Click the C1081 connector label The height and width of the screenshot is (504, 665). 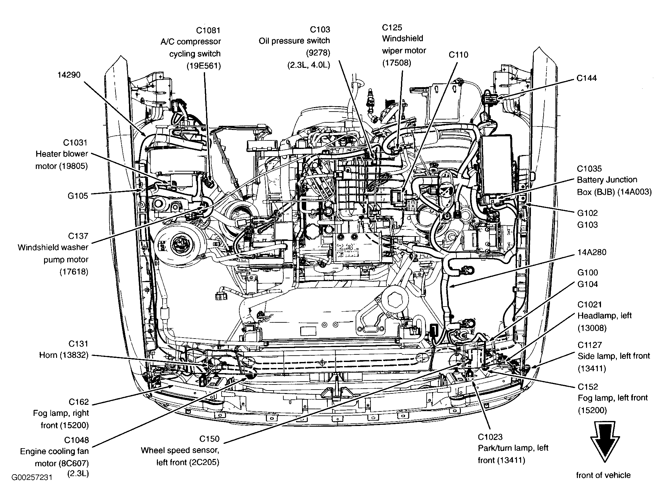tap(208, 30)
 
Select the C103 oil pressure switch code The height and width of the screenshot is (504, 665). tap(320, 29)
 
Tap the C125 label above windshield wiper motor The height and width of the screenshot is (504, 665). tap(392, 27)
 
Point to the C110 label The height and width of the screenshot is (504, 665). tap(458, 55)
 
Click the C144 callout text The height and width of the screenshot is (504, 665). tap(587, 78)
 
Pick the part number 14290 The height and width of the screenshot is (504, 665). tap(69, 75)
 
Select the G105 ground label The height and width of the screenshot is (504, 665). tap(78, 196)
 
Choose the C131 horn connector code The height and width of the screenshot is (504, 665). tap(78, 344)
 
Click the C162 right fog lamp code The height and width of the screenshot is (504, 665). tap(79, 402)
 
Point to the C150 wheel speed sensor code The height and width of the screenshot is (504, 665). tap(209, 439)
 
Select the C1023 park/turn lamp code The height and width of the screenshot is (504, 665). tap(490, 437)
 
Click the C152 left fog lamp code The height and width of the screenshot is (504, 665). tap(588, 387)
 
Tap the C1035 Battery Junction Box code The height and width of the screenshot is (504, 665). tap(589, 168)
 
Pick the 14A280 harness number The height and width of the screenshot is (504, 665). tap(592, 252)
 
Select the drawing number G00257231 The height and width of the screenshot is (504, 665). tap(32, 477)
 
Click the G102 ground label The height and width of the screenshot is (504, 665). tap(587, 213)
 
